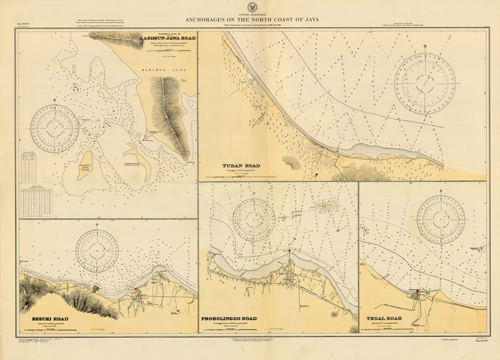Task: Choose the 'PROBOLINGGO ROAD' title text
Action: coord(245,321)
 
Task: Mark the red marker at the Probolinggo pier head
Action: coord(289,252)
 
